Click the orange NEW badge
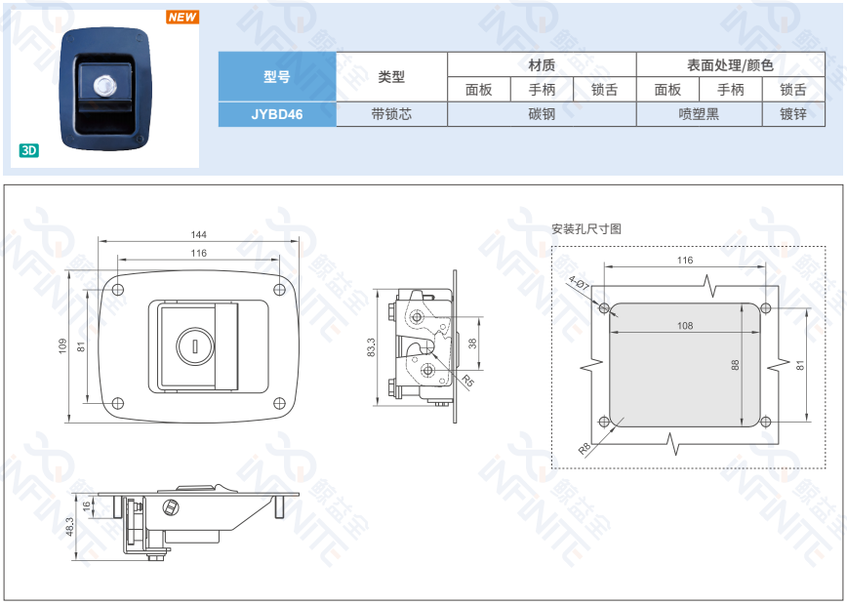tap(182, 17)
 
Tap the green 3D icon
tap(28, 150)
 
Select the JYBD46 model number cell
tap(277, 114)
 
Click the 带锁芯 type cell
tap(391, 114)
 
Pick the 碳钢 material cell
tap(542, 114)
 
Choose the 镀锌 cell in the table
tap(793, 114)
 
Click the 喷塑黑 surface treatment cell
tap(700, 114)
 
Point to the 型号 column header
tap(277, 77)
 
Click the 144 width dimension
tap(199, 234)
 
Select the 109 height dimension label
tap(62, 346)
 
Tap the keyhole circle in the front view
tap(195, 346)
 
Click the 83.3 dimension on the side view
tap(371, 347)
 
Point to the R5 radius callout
tap(467, 381)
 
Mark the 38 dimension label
tap(472, 343)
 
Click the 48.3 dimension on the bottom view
tap(69, 527)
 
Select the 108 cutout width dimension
tap(685, 326)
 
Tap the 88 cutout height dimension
tap(735, 366)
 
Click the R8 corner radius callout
tap(585, 448)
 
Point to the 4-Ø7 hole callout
tap(579, 283)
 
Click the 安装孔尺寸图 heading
tap(586, 229)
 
